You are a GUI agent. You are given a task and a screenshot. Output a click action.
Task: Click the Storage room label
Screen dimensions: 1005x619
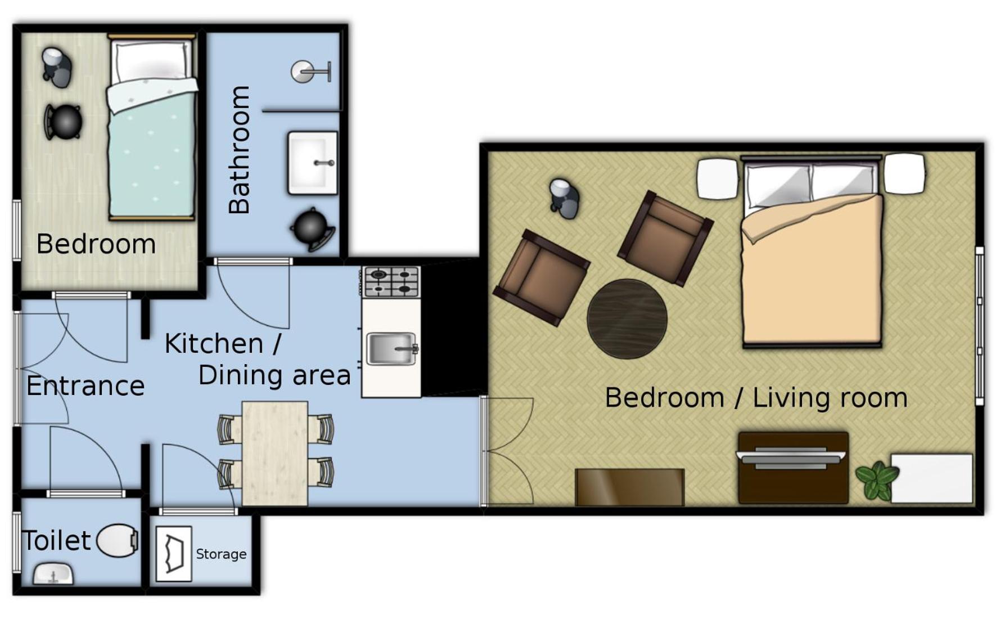tap(221, 554)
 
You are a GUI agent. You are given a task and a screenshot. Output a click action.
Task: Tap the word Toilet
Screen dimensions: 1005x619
tap(56, 541)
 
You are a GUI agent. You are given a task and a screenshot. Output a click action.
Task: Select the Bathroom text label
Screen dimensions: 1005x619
tap(239, 150)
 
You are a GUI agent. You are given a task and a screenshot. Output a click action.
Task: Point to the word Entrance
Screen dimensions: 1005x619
tap(85, 386)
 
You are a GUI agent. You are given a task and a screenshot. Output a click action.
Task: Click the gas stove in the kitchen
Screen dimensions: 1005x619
tap(391, 281)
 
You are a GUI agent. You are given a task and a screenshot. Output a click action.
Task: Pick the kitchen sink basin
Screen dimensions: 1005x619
tap(392, 348)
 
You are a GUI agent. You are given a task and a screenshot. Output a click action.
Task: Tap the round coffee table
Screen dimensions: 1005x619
tap(627, 319)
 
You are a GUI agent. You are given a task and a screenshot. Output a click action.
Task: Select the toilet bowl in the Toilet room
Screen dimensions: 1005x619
tap(118, 541)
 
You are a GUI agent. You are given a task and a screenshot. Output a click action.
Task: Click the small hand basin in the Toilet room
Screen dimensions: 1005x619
tap(53, 574)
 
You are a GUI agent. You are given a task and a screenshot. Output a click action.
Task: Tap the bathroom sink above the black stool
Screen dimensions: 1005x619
tap(313, 163)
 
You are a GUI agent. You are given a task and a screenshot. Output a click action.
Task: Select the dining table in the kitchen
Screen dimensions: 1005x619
tap(275, 453)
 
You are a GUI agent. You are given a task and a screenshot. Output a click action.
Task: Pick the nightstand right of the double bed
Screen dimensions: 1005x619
tap(904, 174)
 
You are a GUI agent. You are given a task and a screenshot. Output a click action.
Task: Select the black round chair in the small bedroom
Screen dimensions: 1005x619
tap(64, 122)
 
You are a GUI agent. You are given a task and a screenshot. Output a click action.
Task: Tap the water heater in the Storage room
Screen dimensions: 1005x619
tap(174, 554)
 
